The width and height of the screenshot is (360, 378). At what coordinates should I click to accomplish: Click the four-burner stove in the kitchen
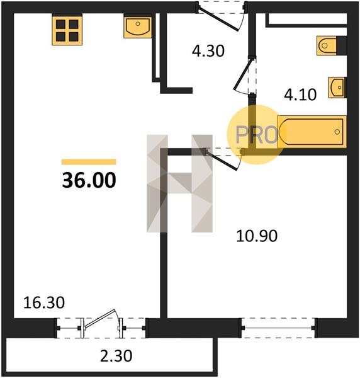coord(67,30)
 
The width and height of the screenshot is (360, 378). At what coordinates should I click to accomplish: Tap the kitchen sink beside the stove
coord(138,26)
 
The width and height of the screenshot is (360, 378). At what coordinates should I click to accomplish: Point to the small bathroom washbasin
coord(337,87)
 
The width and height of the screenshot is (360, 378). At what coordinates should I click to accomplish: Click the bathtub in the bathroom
coord(312,132)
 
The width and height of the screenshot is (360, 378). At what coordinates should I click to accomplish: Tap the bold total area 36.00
coord(89,181)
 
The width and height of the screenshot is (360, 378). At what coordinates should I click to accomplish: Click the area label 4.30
coord(208,51)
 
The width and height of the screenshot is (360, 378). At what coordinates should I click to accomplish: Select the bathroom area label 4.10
coord(300,94)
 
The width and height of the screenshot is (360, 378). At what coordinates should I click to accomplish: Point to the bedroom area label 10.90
coord(257,236)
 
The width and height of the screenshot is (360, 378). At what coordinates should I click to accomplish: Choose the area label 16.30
coord(44,302)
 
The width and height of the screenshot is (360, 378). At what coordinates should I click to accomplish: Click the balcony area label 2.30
coord(116,356)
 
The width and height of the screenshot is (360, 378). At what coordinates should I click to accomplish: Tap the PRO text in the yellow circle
coord(257,135)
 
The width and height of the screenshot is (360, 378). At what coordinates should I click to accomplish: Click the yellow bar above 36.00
coord(89,162)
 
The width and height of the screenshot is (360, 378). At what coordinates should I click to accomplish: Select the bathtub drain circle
coord(337,132)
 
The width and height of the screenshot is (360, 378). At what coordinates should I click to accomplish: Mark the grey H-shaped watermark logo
coord(179,183)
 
